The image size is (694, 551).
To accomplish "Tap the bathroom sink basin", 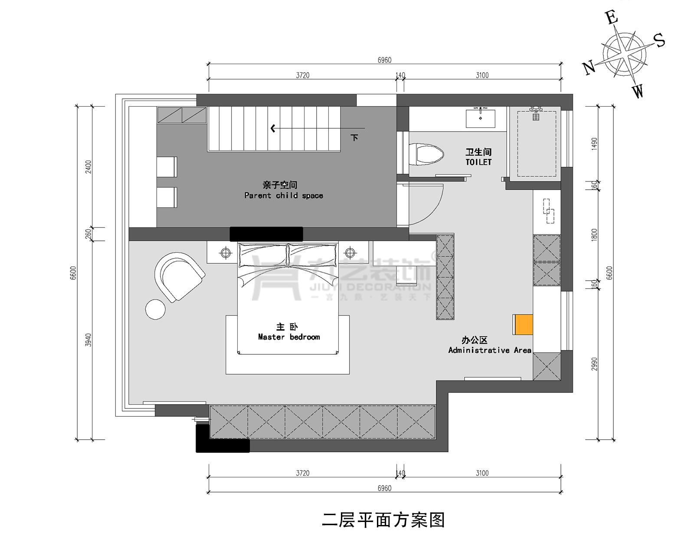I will (480, 118).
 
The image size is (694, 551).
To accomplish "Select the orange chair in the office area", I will (523, 324).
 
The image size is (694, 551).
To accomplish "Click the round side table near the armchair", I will (155, 309).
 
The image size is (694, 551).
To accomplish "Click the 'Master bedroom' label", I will (288, 337).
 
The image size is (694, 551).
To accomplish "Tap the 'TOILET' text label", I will (478, 162).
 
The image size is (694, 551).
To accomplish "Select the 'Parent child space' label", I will (283, 195).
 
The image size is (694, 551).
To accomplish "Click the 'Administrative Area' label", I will (489, 350).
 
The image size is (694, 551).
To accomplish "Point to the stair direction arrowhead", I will (273, 128).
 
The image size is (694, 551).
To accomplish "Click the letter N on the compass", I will (589, 68).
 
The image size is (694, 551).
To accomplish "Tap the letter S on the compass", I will (659, 41).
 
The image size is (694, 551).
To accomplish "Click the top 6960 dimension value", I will (384, 60).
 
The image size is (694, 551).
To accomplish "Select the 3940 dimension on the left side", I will (88, 340).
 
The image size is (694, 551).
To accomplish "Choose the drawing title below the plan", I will (383, 520).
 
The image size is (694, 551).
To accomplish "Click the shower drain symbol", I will (536, 117).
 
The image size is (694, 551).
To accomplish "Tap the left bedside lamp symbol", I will (226, 253).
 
